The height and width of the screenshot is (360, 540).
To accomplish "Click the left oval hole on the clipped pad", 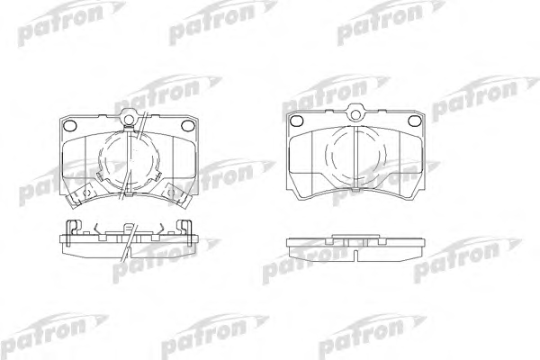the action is [71, 125].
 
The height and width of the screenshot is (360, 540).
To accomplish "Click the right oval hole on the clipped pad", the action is [188, 125].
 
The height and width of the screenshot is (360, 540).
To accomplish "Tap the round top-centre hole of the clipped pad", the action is [129, 119].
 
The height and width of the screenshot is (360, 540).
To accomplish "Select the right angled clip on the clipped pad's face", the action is [177, 194].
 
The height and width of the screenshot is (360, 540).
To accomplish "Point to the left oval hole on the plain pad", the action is [296, 121].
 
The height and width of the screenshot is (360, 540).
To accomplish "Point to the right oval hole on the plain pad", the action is [414, 121].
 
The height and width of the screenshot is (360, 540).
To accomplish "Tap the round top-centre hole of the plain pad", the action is [355, 115].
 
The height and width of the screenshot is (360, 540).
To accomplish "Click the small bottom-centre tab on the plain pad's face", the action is [355, 189].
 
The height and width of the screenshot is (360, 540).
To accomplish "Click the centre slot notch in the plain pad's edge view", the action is [355, 254].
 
